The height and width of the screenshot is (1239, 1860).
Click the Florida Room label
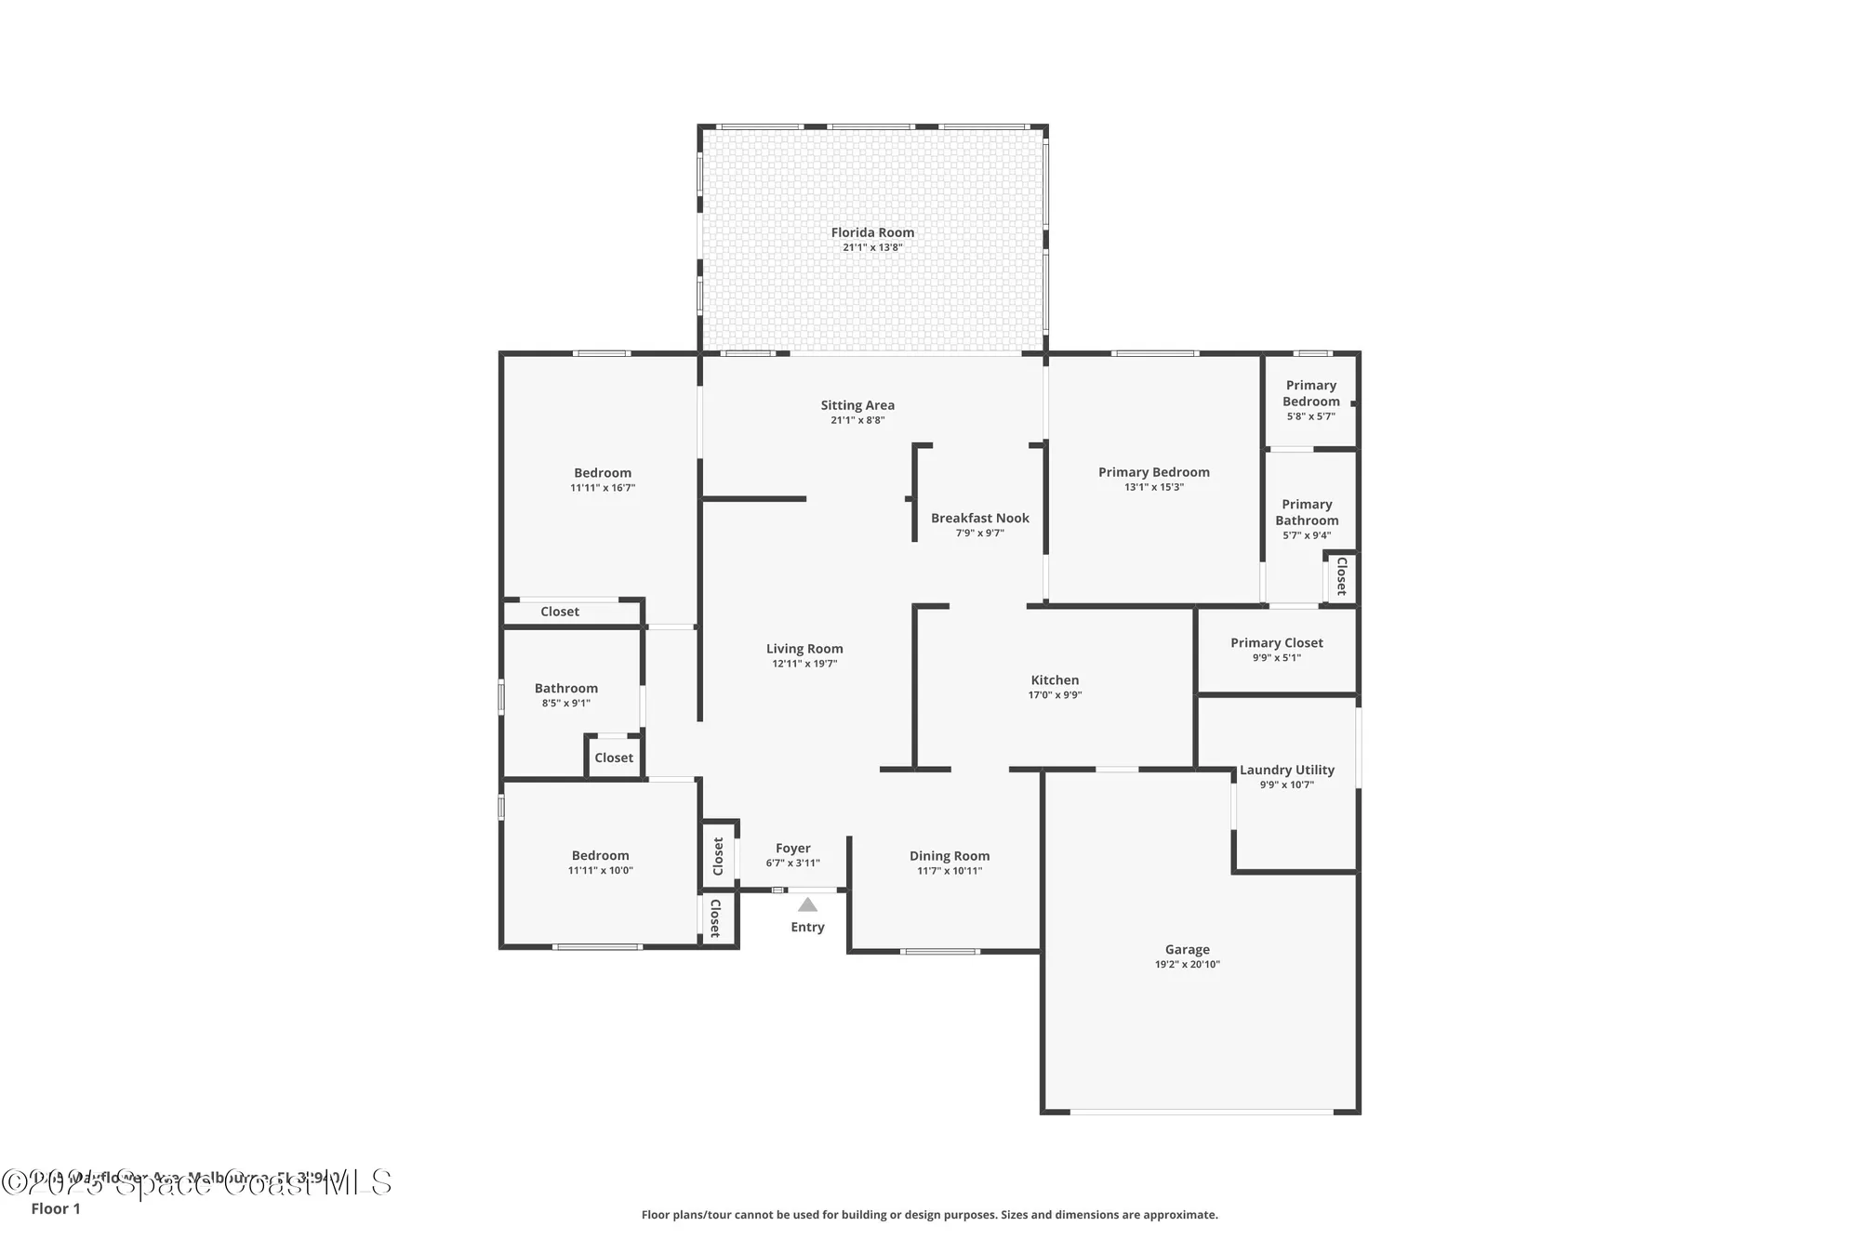[x=872, y=232]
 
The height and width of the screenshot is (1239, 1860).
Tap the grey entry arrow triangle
[x=807, y=905]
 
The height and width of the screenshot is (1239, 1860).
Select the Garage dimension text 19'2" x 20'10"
[x=1187, y=965]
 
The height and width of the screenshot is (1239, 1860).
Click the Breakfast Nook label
[x=979, y=519]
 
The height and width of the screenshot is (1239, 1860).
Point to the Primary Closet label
[x=1276, y=643]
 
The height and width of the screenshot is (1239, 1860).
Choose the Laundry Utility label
[x=1286, y=770]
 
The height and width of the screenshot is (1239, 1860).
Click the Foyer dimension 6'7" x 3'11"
[x=792, y=863]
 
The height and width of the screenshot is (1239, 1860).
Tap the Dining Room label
[x=949, y=856]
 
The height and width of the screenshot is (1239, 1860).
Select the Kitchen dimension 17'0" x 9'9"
[x=1055, y=695]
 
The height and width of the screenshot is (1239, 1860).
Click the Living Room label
[x=804, y=649]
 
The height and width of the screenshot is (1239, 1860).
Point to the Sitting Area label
[x=857, y=405]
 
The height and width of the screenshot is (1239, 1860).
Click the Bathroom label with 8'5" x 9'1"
[x=565, y=689]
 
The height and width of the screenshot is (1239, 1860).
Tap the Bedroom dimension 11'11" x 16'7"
[x=602, y=488]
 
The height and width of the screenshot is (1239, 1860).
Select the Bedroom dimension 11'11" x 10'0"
[x=600, y=871]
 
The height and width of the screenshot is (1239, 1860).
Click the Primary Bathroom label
[x=1307, y=512]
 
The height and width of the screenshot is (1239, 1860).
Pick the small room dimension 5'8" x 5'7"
[x=1310, y=416]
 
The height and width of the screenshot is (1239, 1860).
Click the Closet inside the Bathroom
[x=613, y=758]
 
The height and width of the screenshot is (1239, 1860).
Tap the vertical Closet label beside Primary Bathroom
[x=1341, y=576]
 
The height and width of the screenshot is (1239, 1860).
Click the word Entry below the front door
[x=807, y=927]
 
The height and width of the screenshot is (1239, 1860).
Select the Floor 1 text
[x=56, y=1208]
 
